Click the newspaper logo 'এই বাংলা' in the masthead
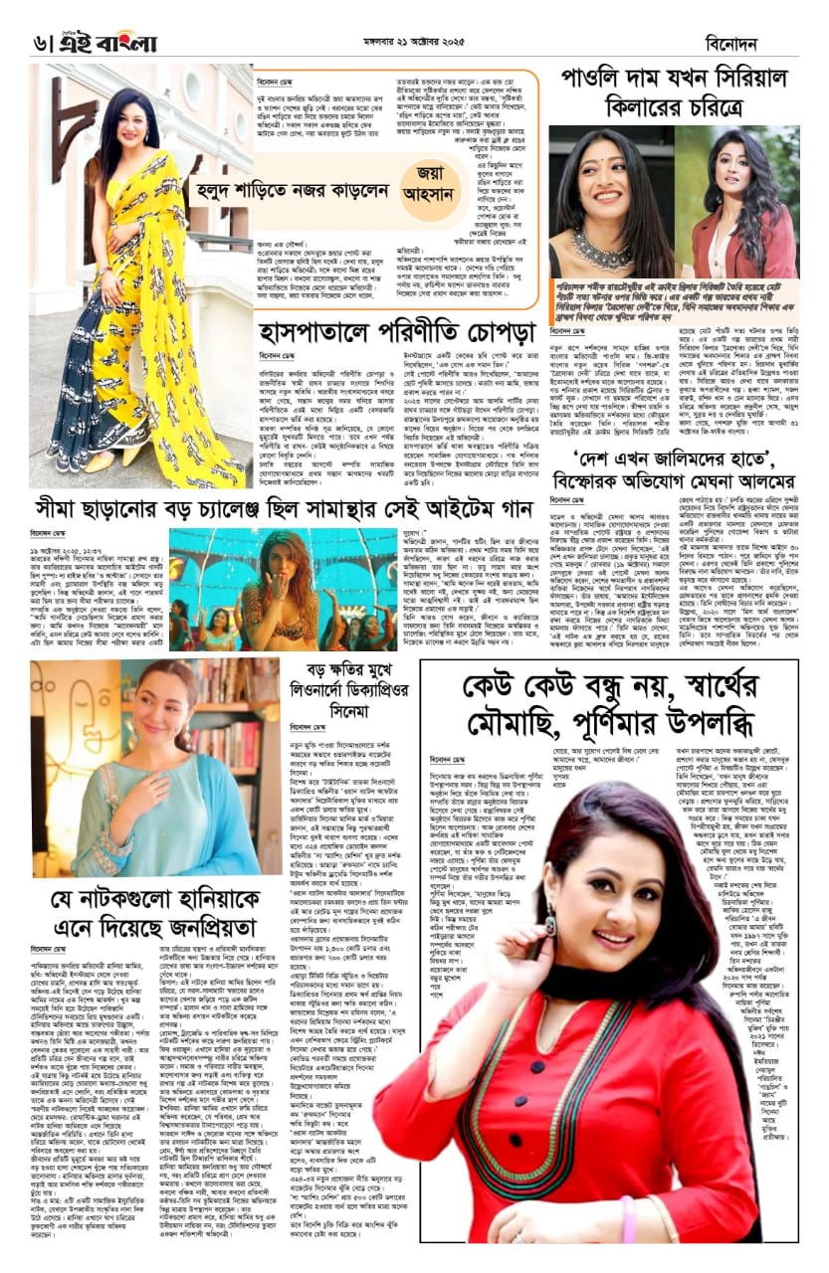(95, 43)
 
